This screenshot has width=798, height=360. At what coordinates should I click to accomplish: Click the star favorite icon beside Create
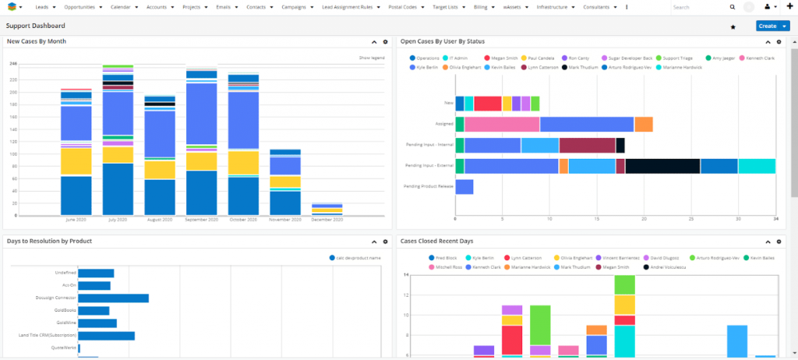[733, 26]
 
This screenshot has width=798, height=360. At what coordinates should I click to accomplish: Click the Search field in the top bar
[697, 6]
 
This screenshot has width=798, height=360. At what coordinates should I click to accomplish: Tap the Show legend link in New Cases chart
[371, 58]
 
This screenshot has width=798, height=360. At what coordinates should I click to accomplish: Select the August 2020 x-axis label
[159, 221]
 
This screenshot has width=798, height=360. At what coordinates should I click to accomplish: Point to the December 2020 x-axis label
[327, 221]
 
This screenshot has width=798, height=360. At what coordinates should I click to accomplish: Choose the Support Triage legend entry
[676, 58]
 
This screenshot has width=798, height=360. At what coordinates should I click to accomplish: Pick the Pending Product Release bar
[464, 186]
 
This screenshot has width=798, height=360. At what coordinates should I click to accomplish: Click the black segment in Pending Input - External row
[662, 166]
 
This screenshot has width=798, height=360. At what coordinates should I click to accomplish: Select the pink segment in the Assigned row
[502, 124]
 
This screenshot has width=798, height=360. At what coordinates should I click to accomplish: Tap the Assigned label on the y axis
[443, 124]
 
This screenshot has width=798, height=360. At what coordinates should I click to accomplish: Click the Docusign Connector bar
[113, 298]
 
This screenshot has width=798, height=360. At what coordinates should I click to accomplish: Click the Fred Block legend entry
[447, 257]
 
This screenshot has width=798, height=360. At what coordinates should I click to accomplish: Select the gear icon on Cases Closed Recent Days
[779, 242]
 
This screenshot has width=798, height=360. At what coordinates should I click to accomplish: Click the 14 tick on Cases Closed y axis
[405, 275]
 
